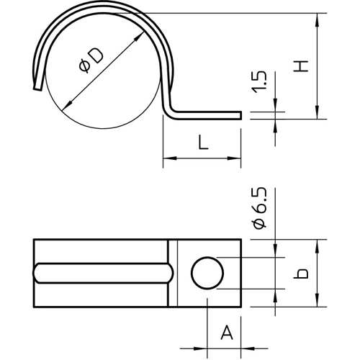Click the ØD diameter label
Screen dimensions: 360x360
click(91, 60)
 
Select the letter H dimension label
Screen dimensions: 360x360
click(301, 66)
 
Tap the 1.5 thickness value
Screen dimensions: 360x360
click(259, 82)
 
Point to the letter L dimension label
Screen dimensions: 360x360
click(203, 142)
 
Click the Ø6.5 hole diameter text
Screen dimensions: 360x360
click(259, 208)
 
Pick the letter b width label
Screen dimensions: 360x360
click(301, 274)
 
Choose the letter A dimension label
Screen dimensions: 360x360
click(227, 332)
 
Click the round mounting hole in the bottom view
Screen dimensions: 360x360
click(207, 273)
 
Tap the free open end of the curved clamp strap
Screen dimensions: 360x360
click(37, 88)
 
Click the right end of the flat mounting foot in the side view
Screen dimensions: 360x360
click(240, 115)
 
